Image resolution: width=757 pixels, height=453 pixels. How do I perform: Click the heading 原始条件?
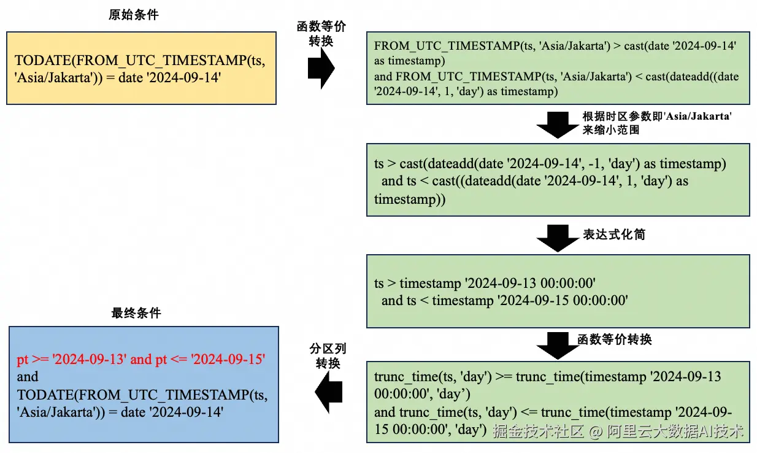point(134,15)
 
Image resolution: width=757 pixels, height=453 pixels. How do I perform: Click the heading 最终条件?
point(136,313)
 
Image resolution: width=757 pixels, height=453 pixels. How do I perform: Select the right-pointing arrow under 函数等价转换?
point(321,68)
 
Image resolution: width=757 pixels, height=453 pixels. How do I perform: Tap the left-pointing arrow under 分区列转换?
point(328,392)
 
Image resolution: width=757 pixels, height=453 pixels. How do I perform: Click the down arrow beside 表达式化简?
point(558,238)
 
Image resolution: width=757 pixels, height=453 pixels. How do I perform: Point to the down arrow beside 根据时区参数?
point(558,125)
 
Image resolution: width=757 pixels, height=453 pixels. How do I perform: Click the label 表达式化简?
point(614,234)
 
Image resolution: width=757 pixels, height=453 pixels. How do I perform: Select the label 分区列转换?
point(328,356)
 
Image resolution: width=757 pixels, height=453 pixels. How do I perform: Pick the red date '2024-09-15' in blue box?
point(228,359)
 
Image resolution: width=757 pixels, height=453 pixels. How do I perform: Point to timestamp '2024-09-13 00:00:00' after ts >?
point(498,284)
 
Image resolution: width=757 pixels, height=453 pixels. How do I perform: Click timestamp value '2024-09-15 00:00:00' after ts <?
point(530,301)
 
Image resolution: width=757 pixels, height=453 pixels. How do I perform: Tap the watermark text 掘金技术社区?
point(538,431)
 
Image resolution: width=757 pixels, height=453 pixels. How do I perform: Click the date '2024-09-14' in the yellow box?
point(183,78)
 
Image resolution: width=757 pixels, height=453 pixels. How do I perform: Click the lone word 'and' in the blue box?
point(28,377)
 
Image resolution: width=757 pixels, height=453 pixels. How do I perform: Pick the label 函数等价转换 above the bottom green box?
point(615,339)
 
